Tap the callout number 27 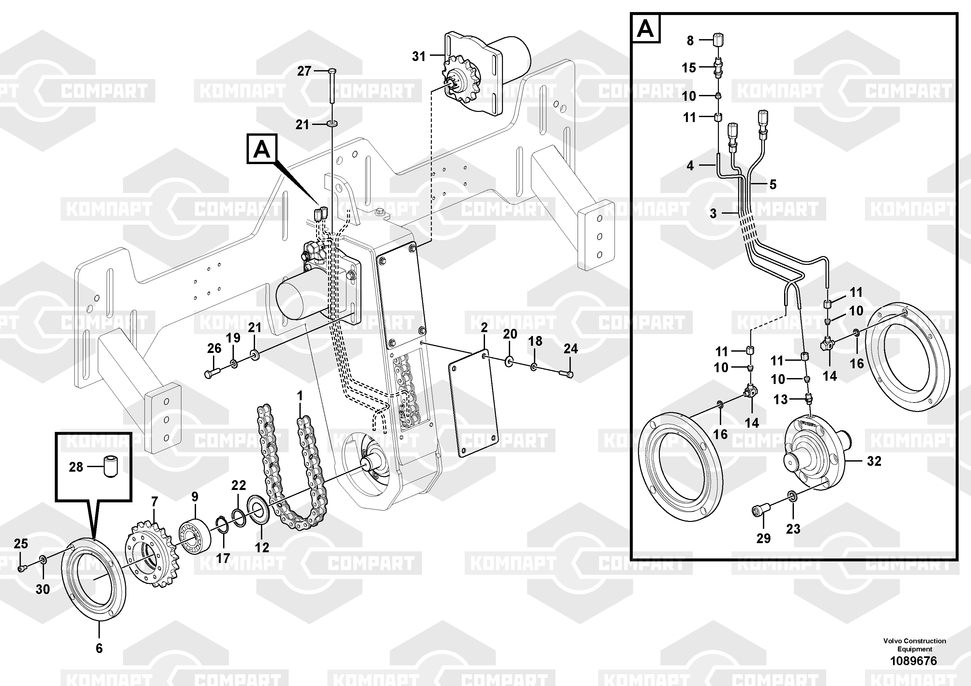click(304, 71)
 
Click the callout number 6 click(99, 648)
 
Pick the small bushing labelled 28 click(111, 467)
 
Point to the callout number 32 click(874, 461)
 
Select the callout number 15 click(689, 68)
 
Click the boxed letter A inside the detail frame click(645, 29)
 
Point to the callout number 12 click(262, 547)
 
